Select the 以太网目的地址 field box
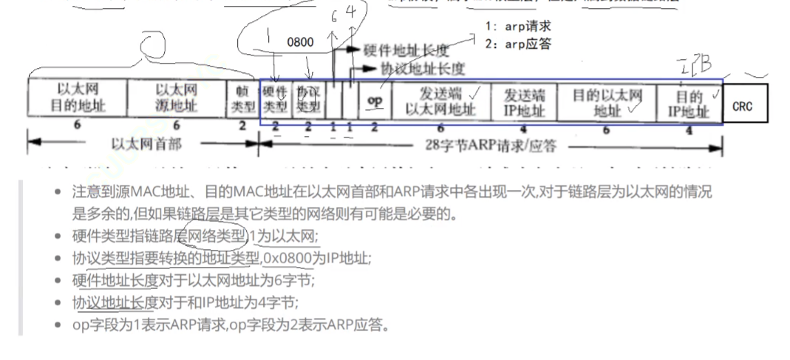point(78,98)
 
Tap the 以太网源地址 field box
point(177,98)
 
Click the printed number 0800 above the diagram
point(301,42)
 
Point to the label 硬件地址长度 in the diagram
point(406,50)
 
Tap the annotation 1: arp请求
point(518,27)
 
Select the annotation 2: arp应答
point(518,44)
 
